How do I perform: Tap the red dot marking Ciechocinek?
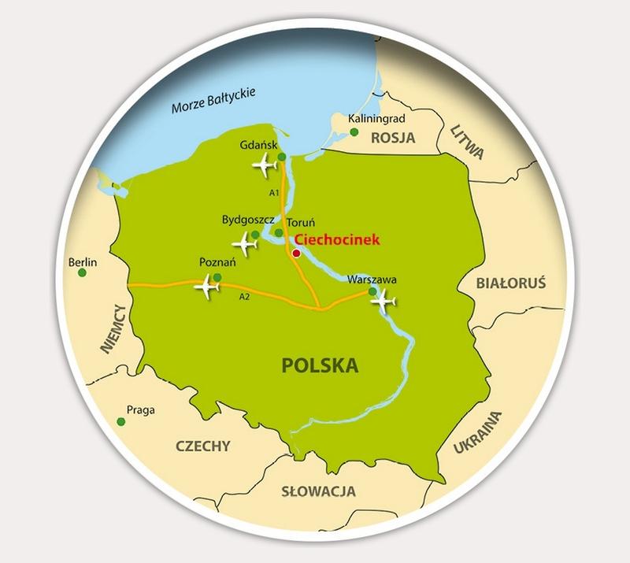[296, 254]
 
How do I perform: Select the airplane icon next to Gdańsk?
[264, 165]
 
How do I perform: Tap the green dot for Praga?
[121, 422]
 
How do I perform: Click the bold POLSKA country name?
[320, 365]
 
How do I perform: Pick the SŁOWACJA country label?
[318, 491]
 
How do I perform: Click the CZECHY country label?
[203, 446]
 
